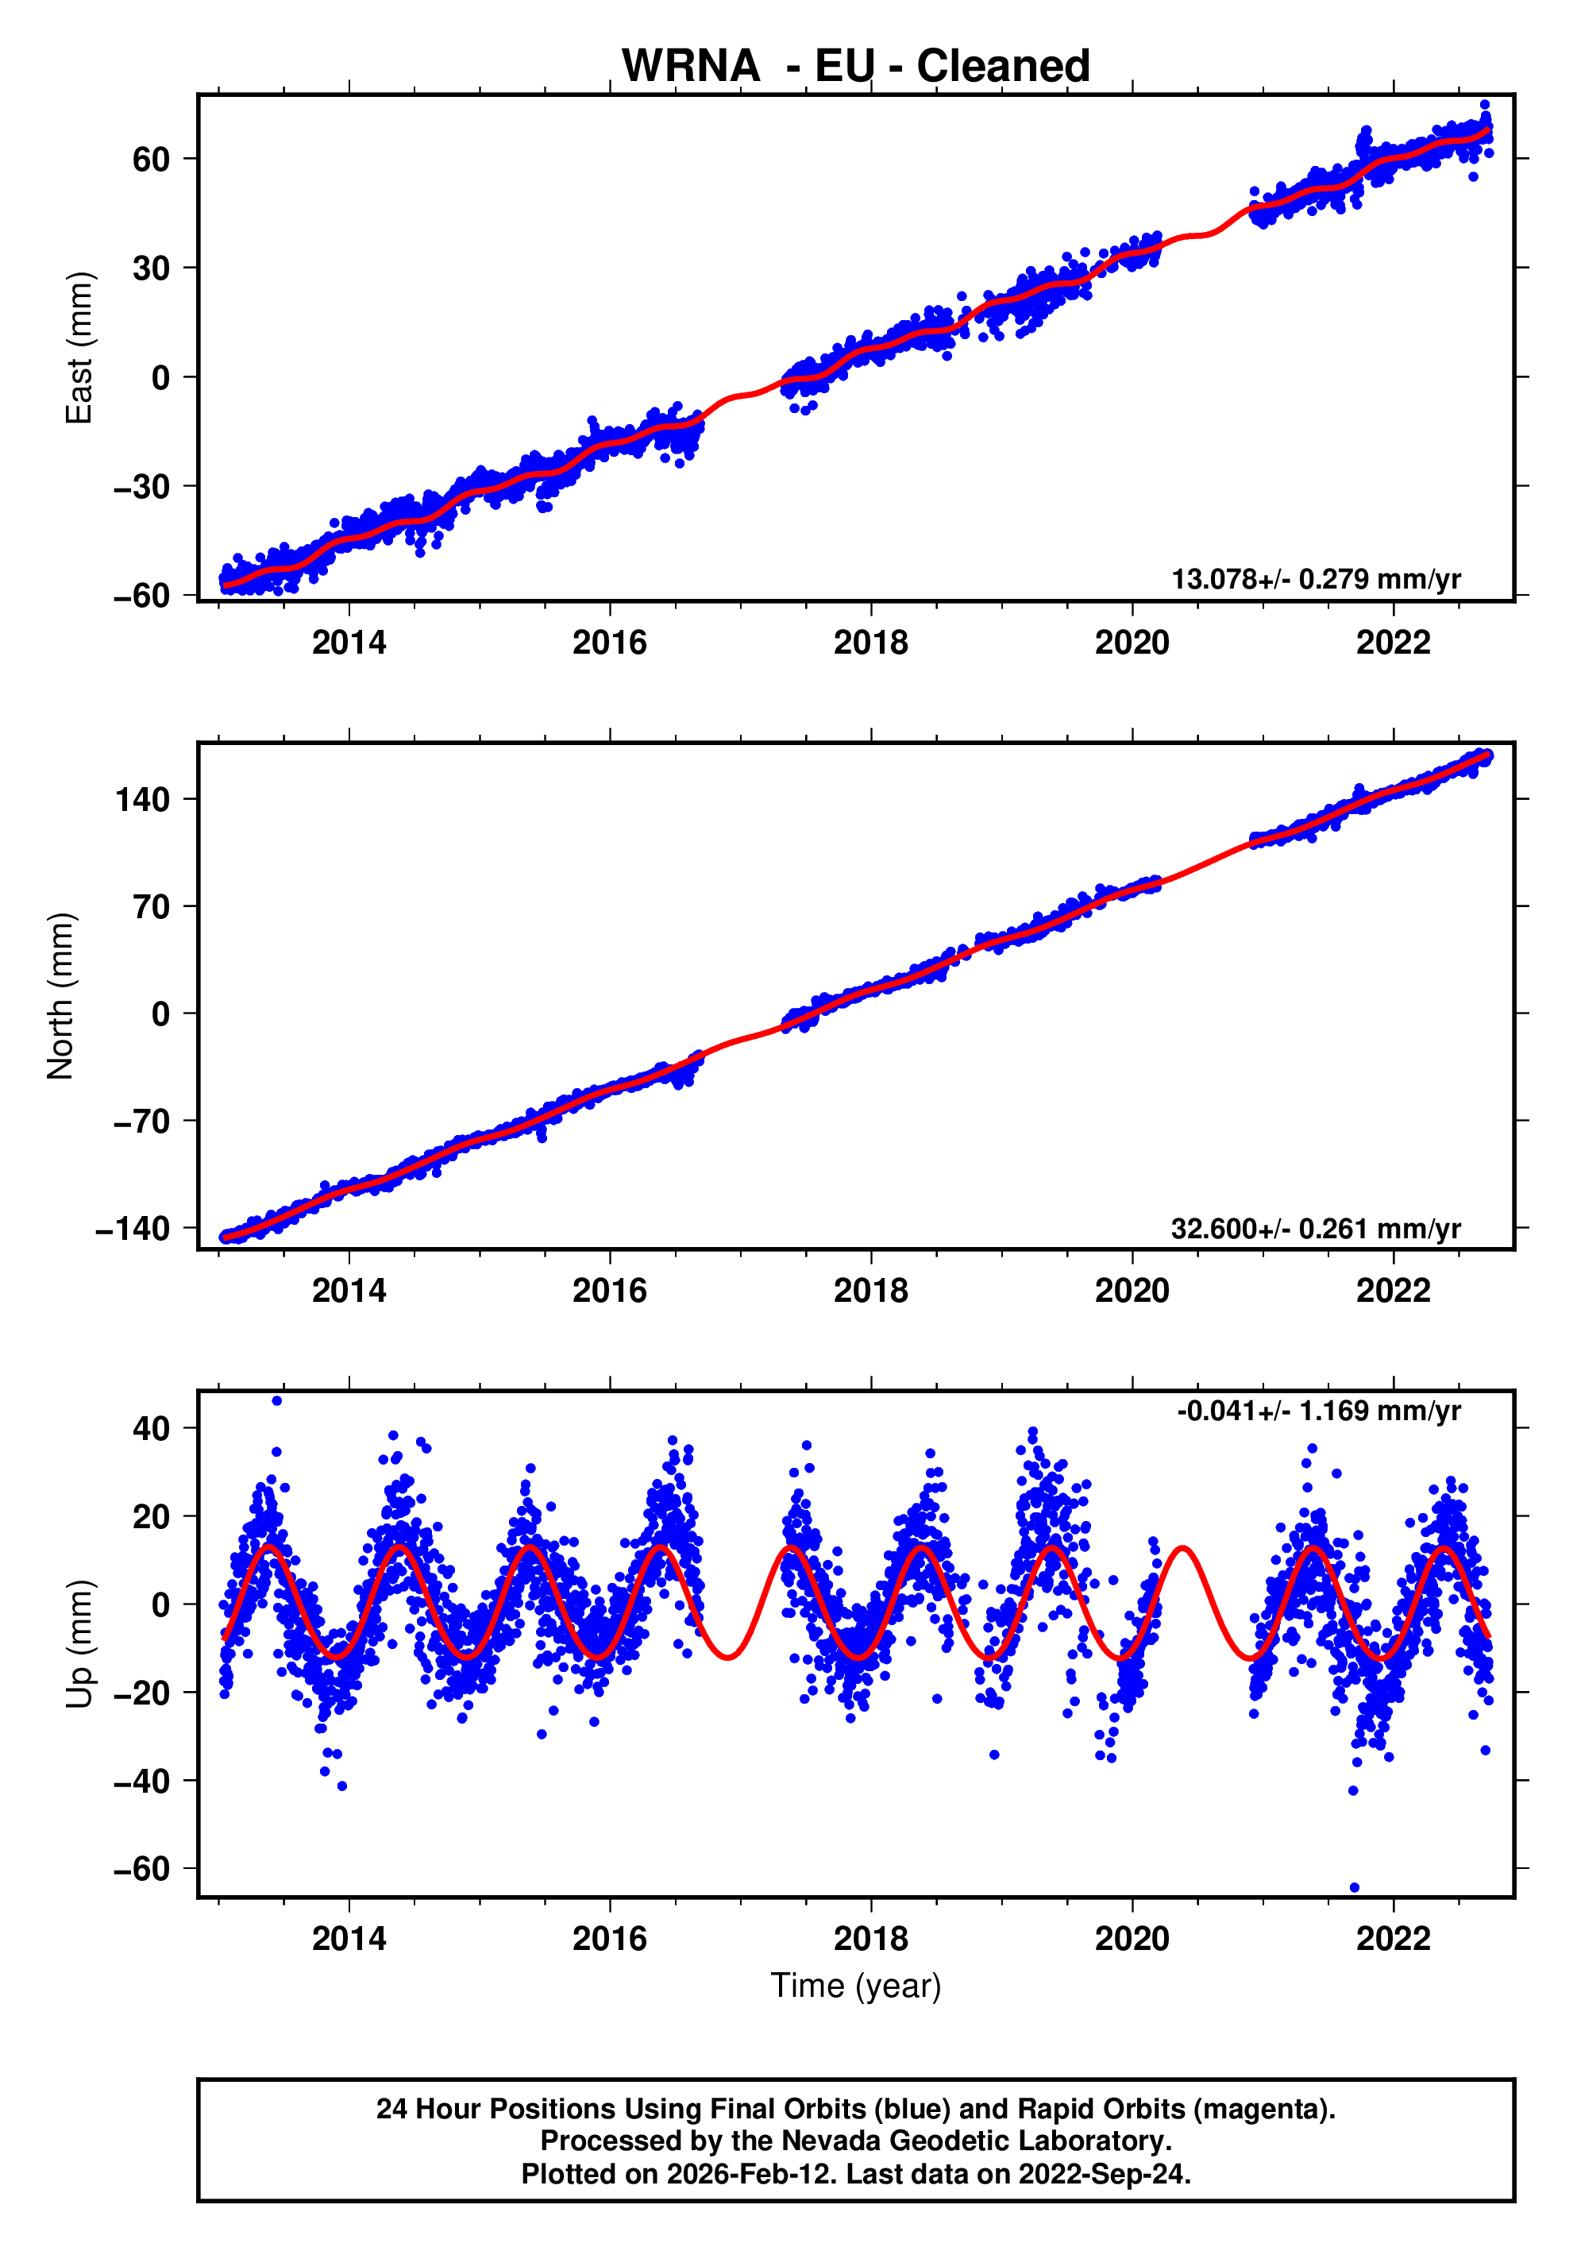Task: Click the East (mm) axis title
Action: (x=79, y=348)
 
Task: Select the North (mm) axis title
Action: (x=61, y=996)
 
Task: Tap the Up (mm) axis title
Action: (x=79, y=1644)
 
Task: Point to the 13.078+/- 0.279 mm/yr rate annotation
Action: (x=1315, y=578)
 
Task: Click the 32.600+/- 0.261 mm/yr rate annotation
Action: (x=1315, y=1229)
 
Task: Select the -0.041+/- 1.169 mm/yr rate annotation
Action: (x=1318, y=1411)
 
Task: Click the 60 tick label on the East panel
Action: (x=151, y=159)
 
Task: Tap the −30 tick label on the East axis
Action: (x=141, y=486)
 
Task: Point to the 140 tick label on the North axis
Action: (x=142, y=800)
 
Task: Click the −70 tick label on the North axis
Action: (x=141, y=1122)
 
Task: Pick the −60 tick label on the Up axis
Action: (x=141, y=1869)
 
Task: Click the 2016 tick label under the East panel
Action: (x=610, y=643)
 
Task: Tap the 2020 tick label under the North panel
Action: (x=1132, y=1292)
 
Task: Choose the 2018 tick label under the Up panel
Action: (x=870, y=1938)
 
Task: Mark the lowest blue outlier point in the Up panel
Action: (x=1355, y=1887)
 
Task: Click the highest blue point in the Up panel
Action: (x=277, y=1401)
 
